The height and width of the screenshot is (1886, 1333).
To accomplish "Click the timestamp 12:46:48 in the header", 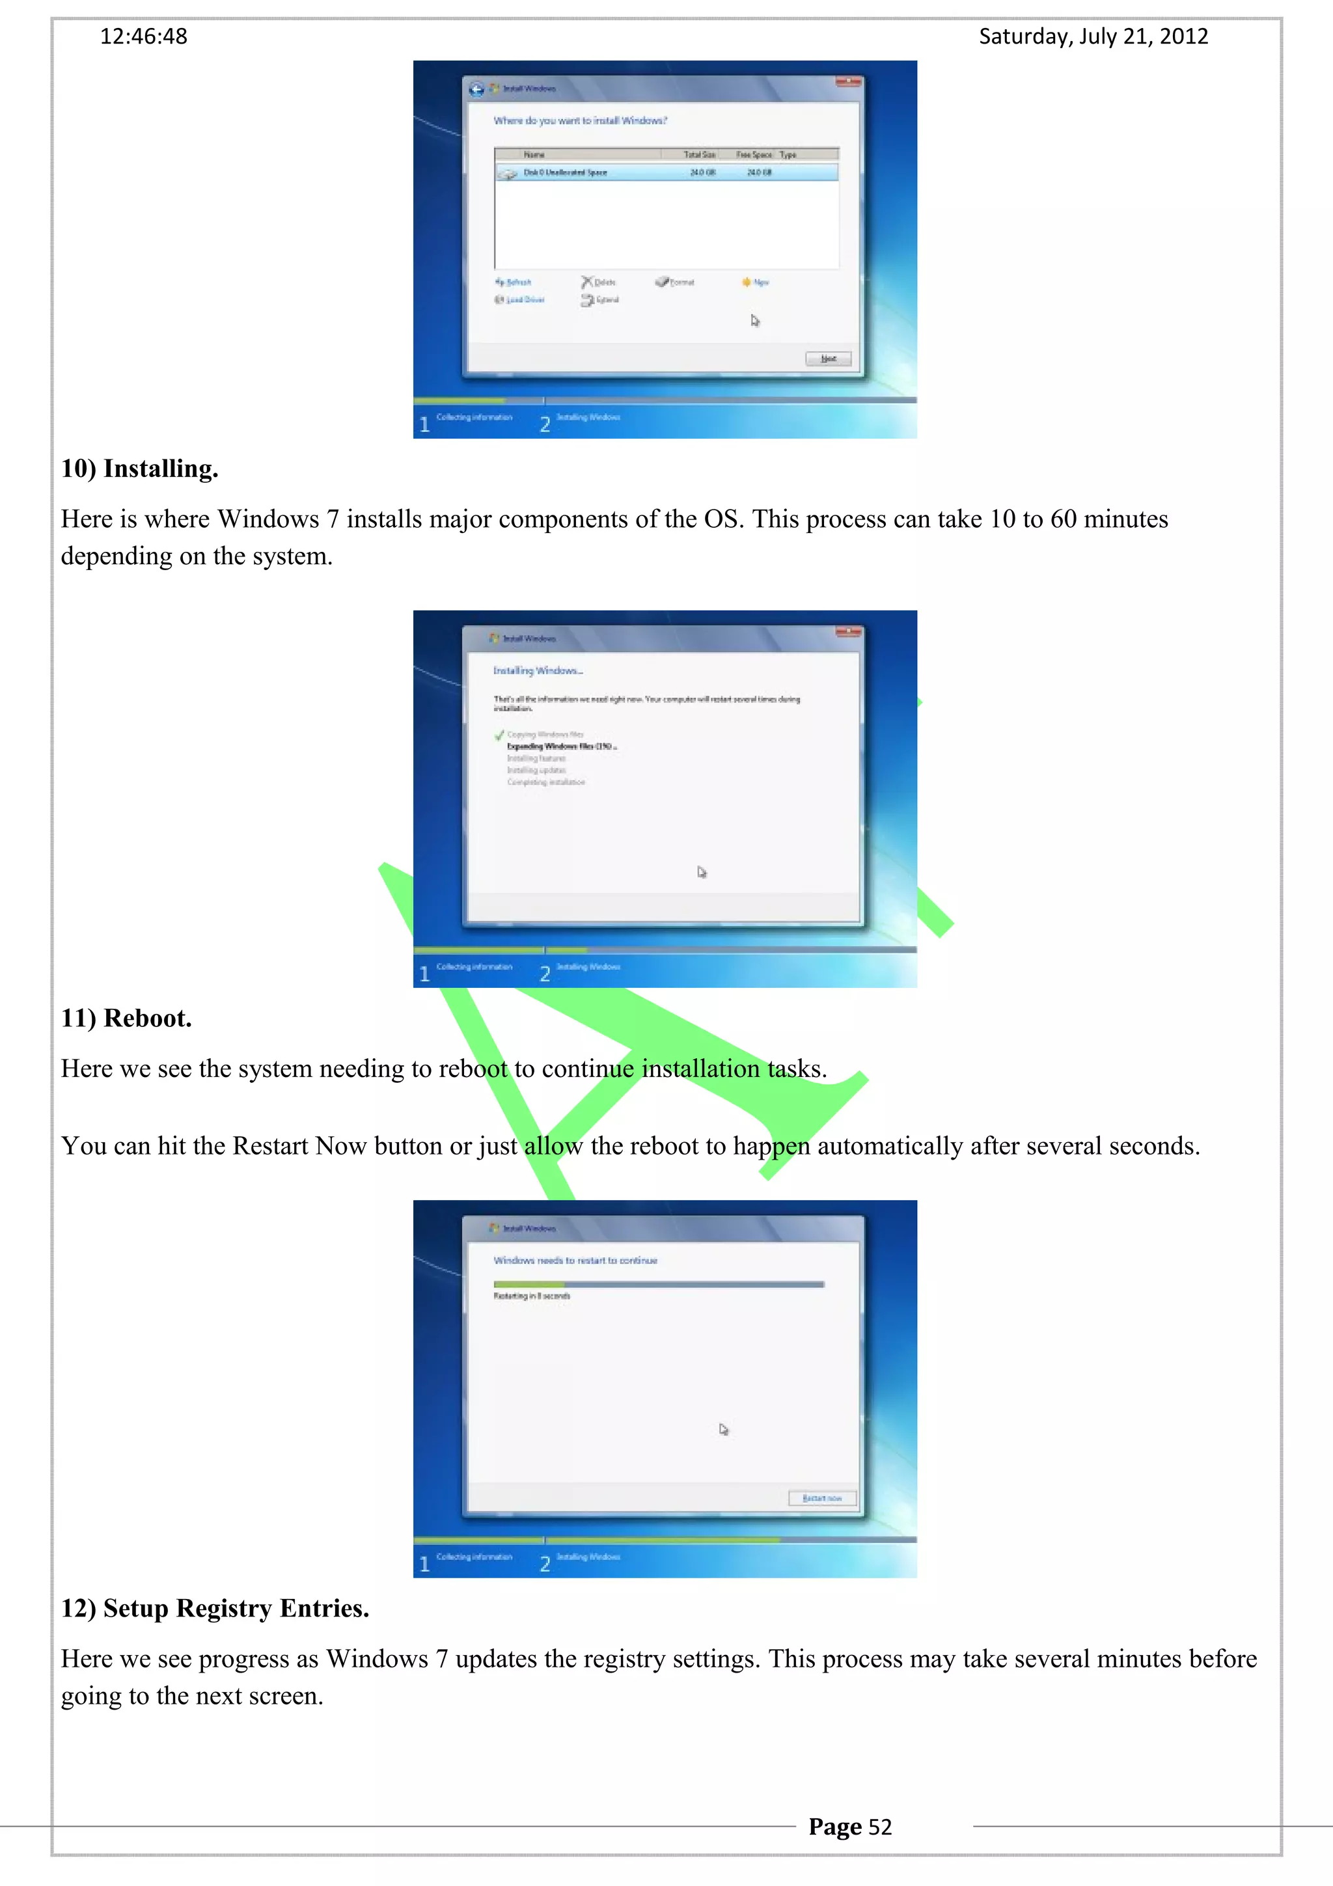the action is pyautogui.click(x=144, y=36).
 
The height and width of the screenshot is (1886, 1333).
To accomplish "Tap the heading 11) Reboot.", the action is pyautogui.click(x=126, y=1018).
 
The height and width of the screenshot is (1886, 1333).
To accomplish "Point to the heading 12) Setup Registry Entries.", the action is pyautogui.click(x=215, y=1607).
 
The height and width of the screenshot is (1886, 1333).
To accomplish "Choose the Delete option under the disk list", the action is pyautogui.click(x=599, y=282).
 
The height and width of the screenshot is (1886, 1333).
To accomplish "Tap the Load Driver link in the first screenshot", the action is pyautogui.click(x=520, y=300).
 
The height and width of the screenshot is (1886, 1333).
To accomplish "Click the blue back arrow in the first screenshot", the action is pyautogui.click(x=476, y=89).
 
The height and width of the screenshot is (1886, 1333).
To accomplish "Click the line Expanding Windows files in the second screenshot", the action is pyautogui.click(x=561, y=746).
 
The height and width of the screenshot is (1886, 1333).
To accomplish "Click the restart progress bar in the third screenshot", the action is pyautogui.click(x=658, y=1284).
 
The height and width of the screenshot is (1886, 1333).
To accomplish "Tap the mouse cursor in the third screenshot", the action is pyautogui.click(x=722, y=1429).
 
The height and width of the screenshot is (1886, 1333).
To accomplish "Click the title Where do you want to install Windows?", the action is pyautogui.click(x=580, y=121).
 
